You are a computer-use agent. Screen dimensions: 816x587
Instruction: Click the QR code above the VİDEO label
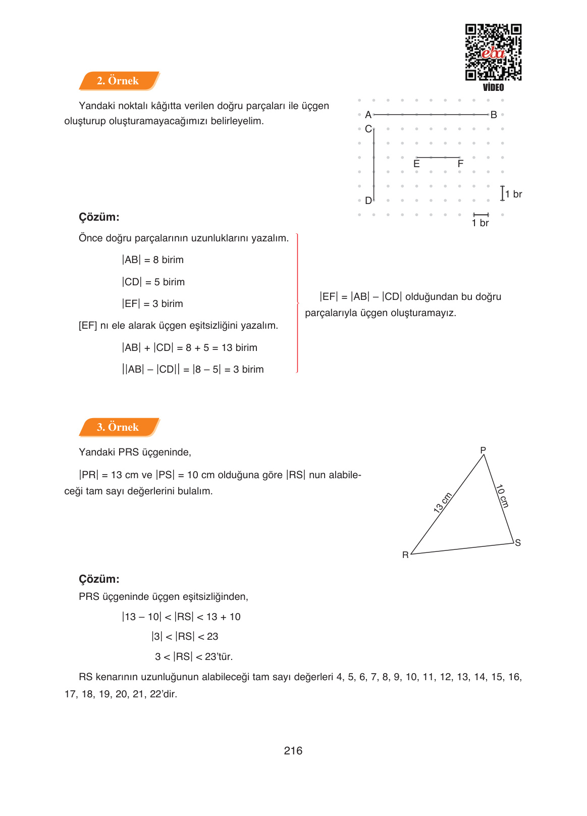(x=493, y=52)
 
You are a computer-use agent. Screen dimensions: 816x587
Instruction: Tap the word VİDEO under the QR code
(x=493, y=87)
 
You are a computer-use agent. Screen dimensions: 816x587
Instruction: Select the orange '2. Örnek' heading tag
(x=118, y=81)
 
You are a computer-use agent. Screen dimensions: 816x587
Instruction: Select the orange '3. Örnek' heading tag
(x=118, y=427)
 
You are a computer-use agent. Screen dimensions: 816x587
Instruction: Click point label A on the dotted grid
(x=368, y=115)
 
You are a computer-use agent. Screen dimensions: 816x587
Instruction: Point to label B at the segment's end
(x=494, y=115)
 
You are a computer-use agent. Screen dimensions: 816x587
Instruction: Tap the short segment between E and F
(x=438, y=158)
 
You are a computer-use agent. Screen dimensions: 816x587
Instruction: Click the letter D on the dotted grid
(x=368, y=200)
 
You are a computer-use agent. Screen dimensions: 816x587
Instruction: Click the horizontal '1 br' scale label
(x=481, y=223)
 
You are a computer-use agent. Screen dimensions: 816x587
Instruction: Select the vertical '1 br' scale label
(x=513, y=194)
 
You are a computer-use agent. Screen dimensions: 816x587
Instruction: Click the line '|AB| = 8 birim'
(x=152, y=260)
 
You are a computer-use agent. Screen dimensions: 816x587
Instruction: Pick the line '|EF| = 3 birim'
(x=152, y=303)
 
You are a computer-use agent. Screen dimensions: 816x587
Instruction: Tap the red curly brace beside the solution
(x=297, y=303)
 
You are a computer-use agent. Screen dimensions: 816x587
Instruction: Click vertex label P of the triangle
(x=483, y=450)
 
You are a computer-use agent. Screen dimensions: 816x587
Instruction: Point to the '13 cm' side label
(x=443, y=502)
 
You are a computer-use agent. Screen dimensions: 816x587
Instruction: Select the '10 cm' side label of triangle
(x=502, y=496)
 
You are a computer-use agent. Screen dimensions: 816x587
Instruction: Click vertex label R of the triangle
(x=405, y=555)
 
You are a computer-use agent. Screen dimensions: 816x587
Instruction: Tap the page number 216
(x=293, y=750)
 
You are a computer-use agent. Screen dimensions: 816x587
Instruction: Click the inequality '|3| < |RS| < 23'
(x=185, y=636)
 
